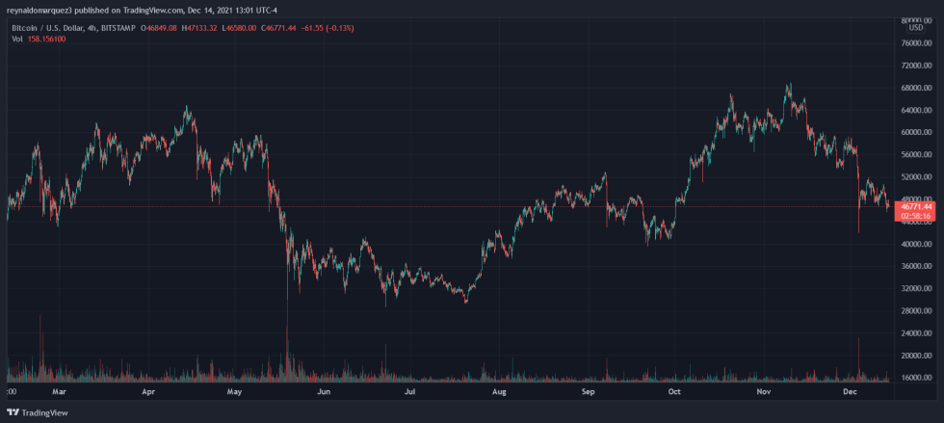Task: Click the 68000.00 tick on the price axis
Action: pyautogui.click(x=915, y=88)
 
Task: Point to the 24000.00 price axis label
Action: pyautogui.click(x=915, y=333)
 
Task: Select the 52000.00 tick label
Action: pyautogui.click(x=915, y=177)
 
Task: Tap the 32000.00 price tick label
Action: pyautogui.click(x=915, y=289)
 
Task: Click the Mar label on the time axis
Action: pyautogui.click(x=58, y=392)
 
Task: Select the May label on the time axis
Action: pyautogui.click(x=234, y=392)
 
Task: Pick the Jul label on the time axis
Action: pyautogui.click(x=410, y=392)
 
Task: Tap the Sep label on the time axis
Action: pyautogui.click(x=589, y=392)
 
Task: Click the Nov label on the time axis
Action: pyautogui.click(x=764, y=392)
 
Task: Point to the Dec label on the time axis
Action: pyautogui.click(x=851, y=392)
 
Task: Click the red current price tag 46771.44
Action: pyautogui.click(x=915, y=206)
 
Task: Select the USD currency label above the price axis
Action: pyautogui.click(x=915, y=28)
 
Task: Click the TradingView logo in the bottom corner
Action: pyautogui.click(x=39, y=412)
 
